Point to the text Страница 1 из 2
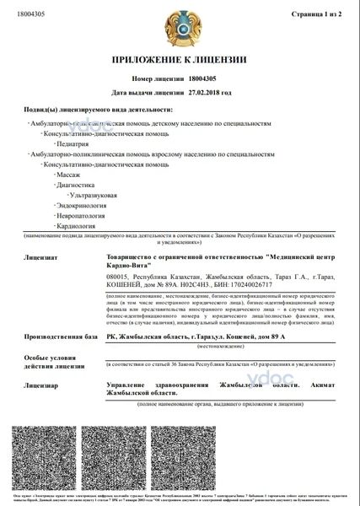coord(318,13)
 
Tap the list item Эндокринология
coord(83,205)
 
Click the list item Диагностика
coord(74,183)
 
